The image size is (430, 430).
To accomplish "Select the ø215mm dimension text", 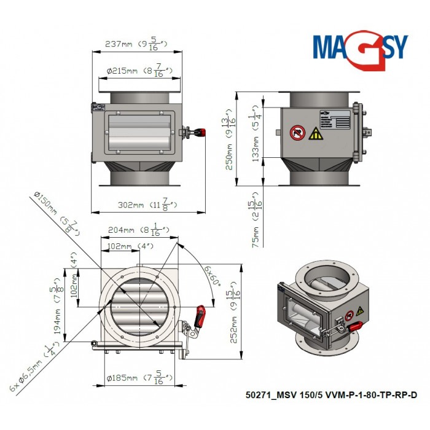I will [x=138, y=71].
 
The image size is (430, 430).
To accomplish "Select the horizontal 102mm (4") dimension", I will [x=125, y=246].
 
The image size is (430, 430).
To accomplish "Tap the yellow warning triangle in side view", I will [x=315, y=134].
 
